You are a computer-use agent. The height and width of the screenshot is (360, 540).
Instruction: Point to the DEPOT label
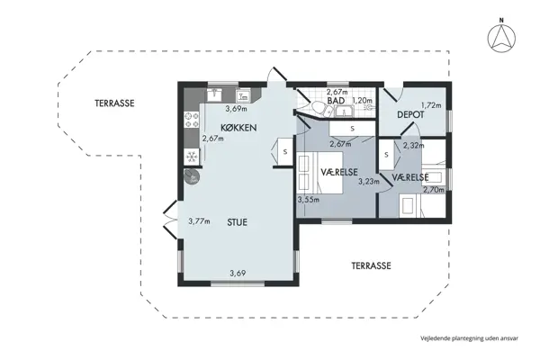(410, 114)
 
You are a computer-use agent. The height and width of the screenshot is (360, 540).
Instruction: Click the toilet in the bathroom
(316, 109)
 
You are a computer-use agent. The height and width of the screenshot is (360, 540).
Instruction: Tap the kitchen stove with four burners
(191, 117)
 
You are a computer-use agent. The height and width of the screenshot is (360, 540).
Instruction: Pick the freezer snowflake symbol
(191, 157)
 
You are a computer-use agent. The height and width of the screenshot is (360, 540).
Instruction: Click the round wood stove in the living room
(190, 176)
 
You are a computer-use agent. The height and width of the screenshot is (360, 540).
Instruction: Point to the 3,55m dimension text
(309, 199)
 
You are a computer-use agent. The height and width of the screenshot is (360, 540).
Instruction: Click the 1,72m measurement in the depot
(431, 105)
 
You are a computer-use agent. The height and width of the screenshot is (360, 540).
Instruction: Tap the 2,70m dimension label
(433, 189)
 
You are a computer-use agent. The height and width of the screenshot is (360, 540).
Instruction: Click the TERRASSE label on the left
(114, 103)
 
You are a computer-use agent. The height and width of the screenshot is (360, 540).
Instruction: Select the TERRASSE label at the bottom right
(371, 266)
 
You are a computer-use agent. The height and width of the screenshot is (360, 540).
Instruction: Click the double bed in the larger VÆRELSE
(320, 173)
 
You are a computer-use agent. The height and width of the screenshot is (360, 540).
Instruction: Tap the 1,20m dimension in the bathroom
(362, 101)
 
